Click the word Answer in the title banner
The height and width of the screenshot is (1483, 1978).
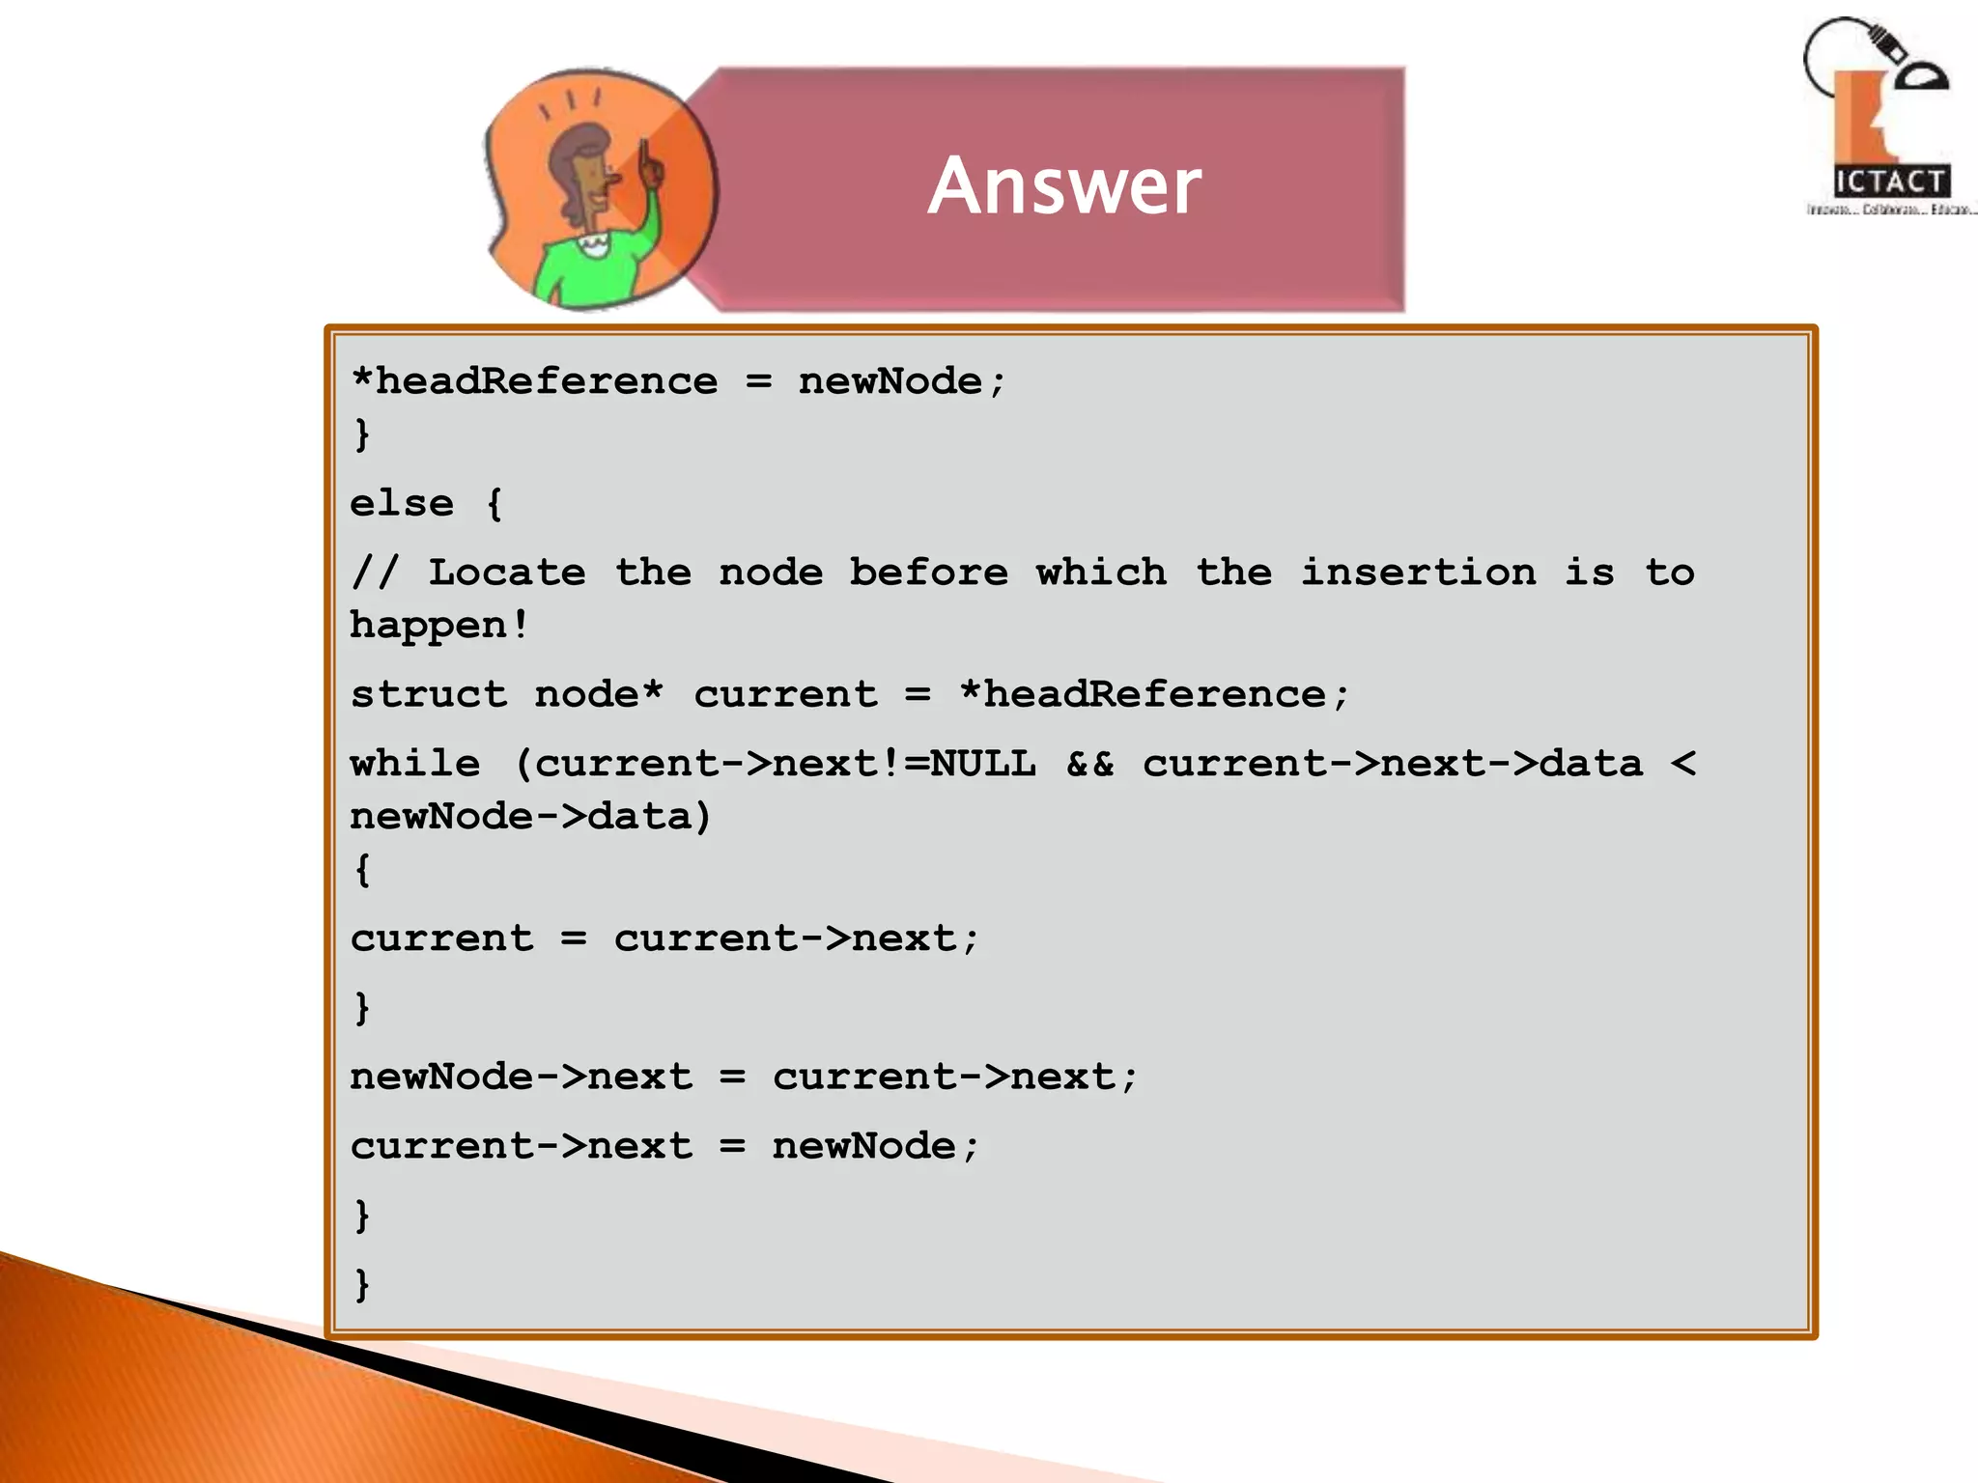coord(1064,185)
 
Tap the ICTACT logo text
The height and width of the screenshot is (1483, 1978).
coord(1890,182)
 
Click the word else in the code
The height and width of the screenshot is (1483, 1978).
coord(402,504)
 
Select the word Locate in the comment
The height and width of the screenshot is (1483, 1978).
coord(507,573)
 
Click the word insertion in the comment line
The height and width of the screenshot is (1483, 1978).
coord(1418,573)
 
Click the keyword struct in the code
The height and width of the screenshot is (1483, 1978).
coord(428,695)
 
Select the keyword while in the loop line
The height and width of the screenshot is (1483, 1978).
coord(415,765)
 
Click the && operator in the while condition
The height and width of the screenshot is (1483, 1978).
coord(1089,765)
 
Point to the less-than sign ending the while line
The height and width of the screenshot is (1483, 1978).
coord(1682,765)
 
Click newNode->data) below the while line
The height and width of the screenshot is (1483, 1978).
coord(530,817)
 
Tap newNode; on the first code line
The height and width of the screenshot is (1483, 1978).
coord(902,381)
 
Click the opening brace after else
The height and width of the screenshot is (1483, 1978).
coord(494,504)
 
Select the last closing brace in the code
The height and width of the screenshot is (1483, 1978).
coord(362,1285)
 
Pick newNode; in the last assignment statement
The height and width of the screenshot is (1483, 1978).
coord(875,1147)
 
